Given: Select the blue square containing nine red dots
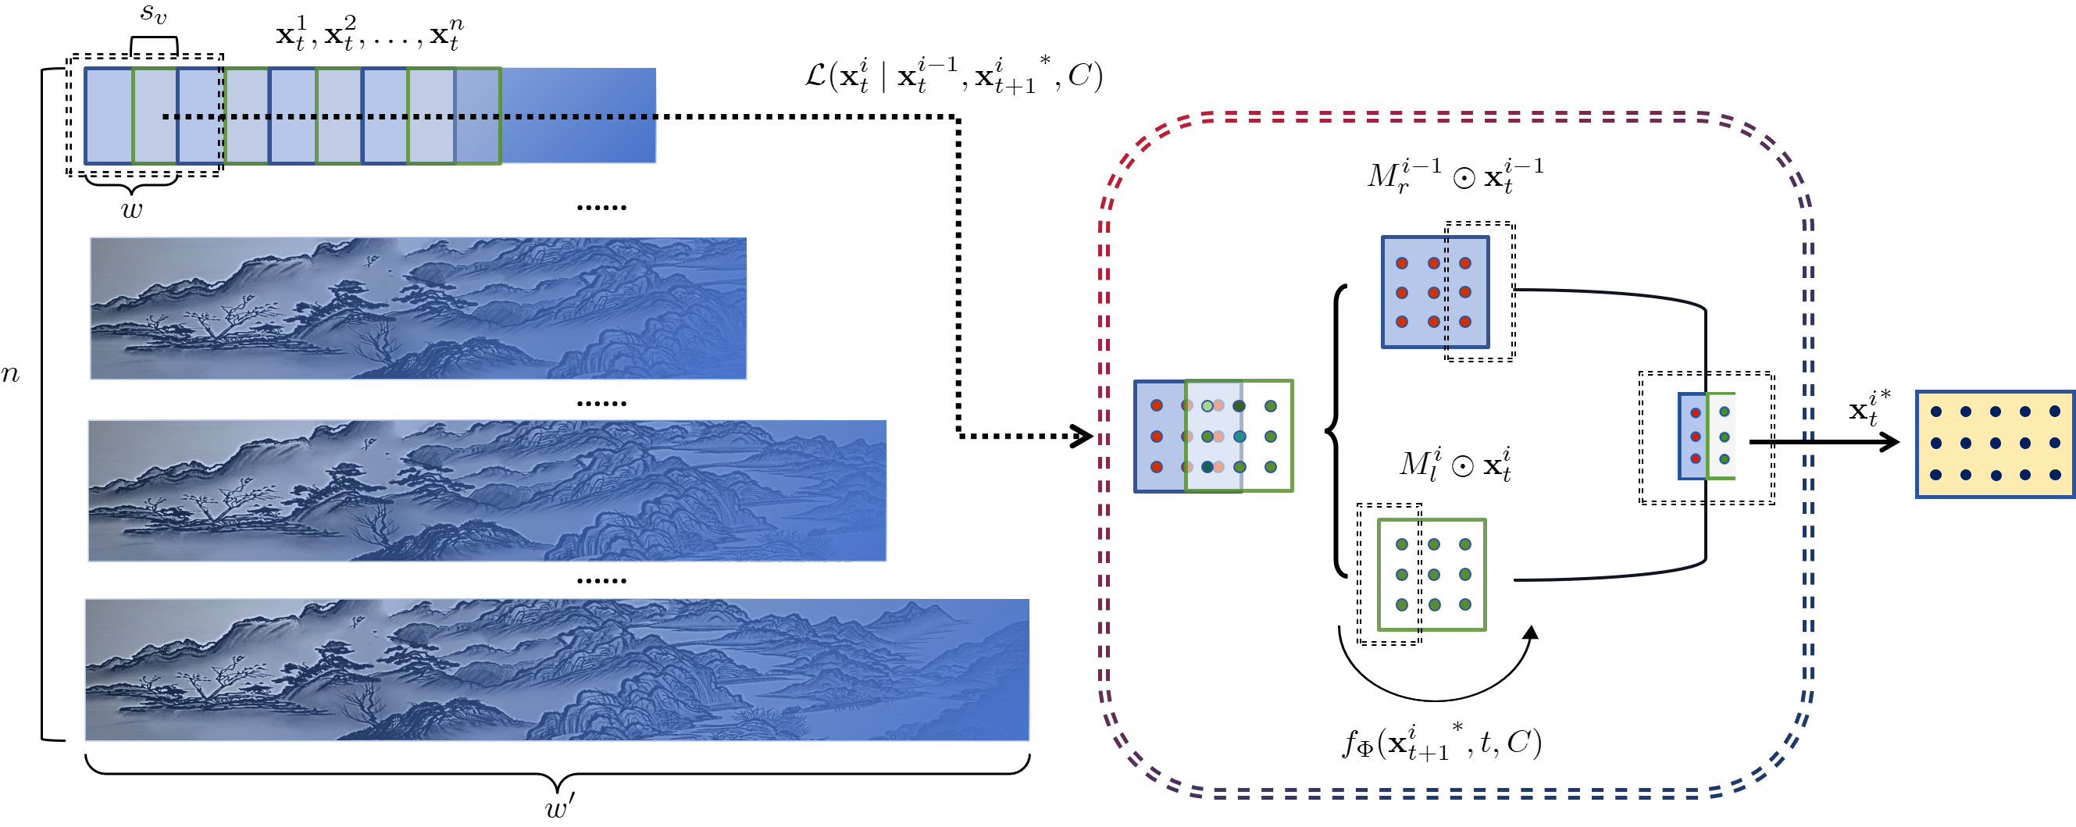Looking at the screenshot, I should [x=1435, y=292].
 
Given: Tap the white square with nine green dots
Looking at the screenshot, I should [x=1432, y=574].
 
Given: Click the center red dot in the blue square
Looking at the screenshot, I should [x=1434, y=293].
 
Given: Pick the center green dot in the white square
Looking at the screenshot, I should [x=1434, y=575].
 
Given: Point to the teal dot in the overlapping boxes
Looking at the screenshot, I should [x=1240, y=436].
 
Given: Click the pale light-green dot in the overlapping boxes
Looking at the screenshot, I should [x=1207, y=405].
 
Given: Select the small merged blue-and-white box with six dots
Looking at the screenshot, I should [x=1706, y=436].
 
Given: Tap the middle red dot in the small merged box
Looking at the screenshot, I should [x=1696, y=437].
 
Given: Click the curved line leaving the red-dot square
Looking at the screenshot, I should [x=1612, y=294].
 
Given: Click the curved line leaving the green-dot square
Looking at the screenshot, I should [x=1612, y=576].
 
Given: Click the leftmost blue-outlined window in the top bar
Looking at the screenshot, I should [x=109, y=116].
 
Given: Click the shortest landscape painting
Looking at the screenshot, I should [x=419, y=308].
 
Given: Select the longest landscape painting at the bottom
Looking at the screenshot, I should [x=557, y=669].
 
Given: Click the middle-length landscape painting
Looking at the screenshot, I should [x=487, y=490].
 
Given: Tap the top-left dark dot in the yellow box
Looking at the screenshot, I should [x=1935, y=412].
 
